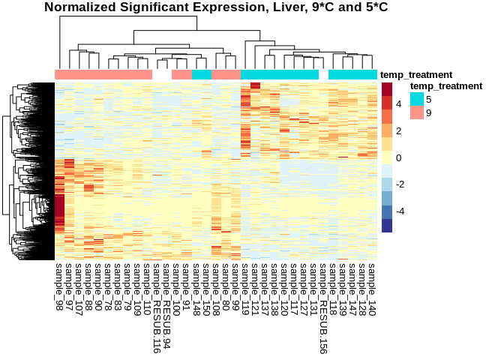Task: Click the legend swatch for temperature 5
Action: point(416,99)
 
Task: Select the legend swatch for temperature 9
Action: point(416,112)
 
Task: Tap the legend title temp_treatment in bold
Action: point(440,86)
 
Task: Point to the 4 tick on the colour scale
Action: point(399,104)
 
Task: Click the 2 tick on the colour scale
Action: point(399,131)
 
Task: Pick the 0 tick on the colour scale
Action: point(399,158)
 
